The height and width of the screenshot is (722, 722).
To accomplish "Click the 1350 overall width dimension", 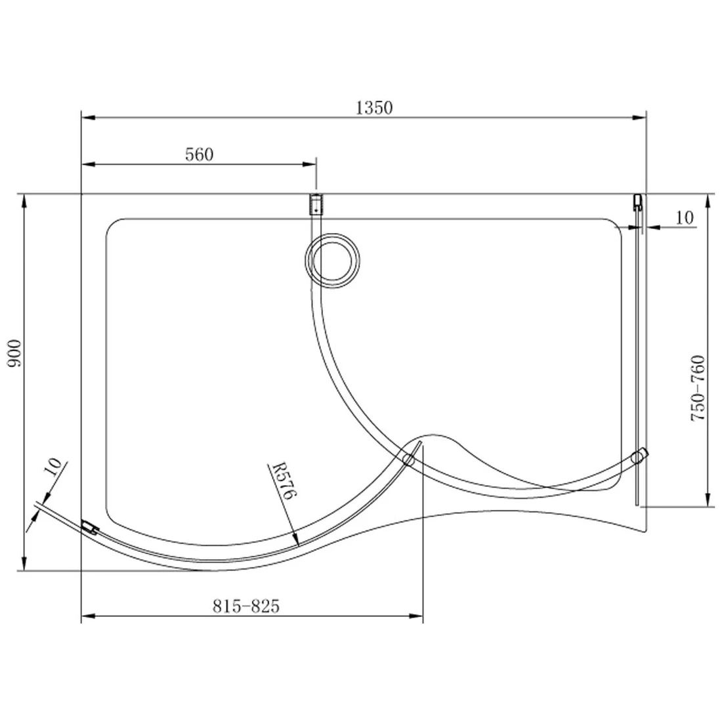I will coord(373,108).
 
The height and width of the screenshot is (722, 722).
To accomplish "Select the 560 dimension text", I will coord(200,155).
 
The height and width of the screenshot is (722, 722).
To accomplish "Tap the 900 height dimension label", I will coord(16,354).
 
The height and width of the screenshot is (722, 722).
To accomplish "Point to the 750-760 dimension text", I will coord(697,389).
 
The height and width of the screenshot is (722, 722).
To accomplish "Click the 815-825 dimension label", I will coord(246,606).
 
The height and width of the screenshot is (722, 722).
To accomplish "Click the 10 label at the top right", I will coord(685,217).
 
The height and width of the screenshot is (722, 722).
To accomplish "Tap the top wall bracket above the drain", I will coord(316,205).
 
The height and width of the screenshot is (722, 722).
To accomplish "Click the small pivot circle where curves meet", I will coord(409,459).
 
